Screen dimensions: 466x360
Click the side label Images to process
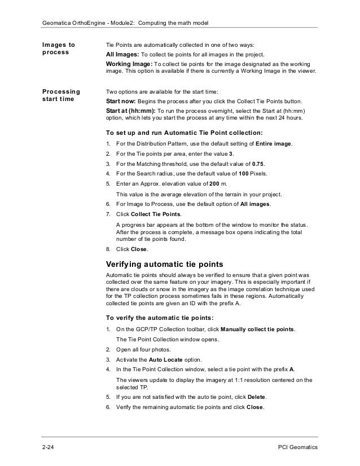coord(59,49)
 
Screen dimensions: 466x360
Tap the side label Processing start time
coord(61,96)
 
